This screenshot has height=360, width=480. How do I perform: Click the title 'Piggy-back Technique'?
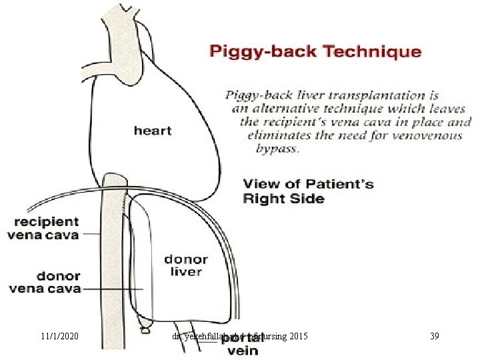(315, 52)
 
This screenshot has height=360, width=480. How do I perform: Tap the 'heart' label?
(153, 131)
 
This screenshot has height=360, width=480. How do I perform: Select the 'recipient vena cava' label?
(43, 228)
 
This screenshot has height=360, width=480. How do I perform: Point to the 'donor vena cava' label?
(45, 282)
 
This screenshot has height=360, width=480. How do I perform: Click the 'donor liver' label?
(186, 265)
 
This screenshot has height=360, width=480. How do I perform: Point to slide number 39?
(435, 337)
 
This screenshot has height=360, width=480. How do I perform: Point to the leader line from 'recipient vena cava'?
(91, 234)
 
